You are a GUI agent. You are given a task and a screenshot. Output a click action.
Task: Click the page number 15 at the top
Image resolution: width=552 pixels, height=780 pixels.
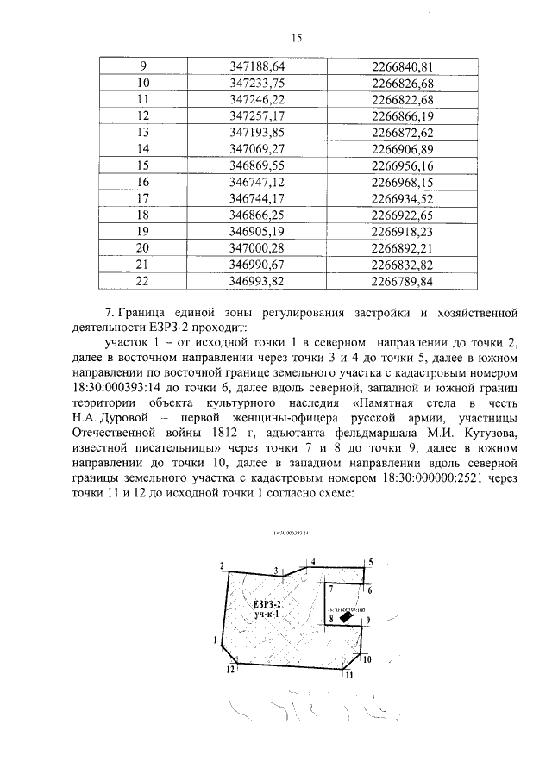[298, 38]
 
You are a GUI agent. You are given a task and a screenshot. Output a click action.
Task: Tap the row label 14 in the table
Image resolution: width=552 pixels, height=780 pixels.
[143, 149]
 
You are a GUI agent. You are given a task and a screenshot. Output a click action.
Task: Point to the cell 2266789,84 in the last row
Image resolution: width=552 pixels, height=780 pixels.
[401, 281]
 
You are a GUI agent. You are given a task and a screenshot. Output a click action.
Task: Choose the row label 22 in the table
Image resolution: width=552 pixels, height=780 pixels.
[143, 281]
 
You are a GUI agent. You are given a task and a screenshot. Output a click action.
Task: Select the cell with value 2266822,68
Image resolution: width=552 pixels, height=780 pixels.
[401, 100]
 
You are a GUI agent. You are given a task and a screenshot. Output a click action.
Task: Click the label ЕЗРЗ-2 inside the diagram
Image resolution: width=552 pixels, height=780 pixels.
[268, 604]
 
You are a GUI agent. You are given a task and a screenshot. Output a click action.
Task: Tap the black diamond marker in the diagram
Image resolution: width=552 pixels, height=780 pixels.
[345, 616]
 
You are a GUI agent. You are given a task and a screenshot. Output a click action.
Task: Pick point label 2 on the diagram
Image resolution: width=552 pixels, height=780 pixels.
[222, 565]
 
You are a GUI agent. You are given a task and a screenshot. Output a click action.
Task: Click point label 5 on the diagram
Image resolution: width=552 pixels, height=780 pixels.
[370, 562]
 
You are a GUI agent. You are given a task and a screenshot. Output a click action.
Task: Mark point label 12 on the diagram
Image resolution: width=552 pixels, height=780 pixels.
[229, 669]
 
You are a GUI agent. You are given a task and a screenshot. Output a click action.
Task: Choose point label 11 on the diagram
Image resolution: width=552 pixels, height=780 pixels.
[348, 676]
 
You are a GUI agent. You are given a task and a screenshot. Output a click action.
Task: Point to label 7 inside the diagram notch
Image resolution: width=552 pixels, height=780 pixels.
[331, 588]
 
